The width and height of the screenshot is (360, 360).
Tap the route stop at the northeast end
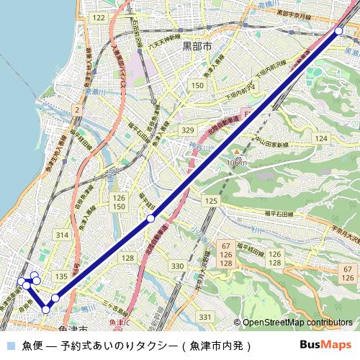tap(338, 30)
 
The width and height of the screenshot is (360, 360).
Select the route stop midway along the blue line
tap(150, 217)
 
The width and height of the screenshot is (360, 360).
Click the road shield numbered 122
tap(99, 17)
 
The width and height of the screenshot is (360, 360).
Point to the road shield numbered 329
tap(188, 130)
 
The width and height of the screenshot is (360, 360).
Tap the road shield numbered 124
tap(321, 138)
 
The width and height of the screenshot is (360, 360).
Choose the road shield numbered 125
tap(210, 200)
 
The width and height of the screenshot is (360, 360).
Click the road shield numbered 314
tap(62, 235)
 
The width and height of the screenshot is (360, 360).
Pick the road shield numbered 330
tap(176, 266)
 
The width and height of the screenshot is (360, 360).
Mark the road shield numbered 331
tap(205, 317)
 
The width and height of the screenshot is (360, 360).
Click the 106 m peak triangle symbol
tap(238, 153)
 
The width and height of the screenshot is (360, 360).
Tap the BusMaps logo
tap(325, 345)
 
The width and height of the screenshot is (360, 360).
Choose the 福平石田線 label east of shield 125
tap(278, 214)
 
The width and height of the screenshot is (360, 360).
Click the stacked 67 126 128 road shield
tap(225, 256)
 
